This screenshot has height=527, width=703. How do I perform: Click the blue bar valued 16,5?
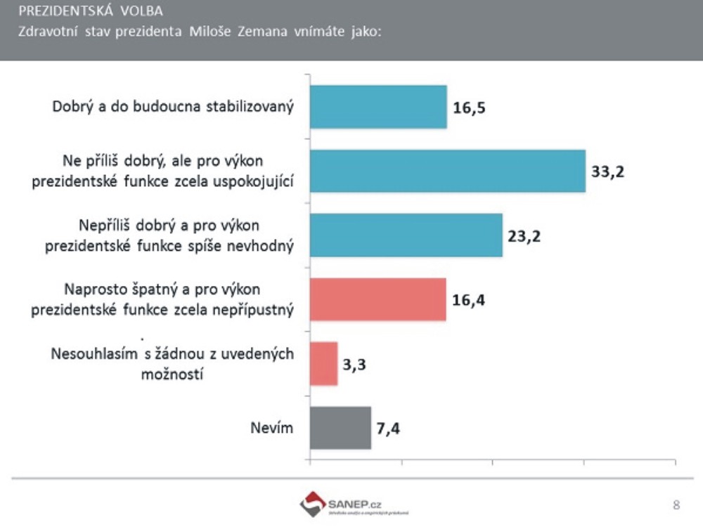[378, 107]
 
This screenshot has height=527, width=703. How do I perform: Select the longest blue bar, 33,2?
[447, 171]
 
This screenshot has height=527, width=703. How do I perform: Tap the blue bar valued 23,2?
[406, 235]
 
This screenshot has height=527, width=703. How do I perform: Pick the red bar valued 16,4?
[378, 299]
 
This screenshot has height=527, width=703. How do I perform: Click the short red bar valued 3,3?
[323, 363]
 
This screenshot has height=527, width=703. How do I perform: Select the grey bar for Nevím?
[340, 427]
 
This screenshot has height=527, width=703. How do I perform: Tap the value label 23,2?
[524, 236]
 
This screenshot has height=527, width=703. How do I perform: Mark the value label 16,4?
[469, 301]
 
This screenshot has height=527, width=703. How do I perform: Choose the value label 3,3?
[356, 365]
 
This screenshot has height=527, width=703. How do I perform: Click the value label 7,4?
[389, 429]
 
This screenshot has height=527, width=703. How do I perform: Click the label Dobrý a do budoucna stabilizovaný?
[173, 108]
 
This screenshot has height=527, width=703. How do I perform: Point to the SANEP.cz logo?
[344, 505]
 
